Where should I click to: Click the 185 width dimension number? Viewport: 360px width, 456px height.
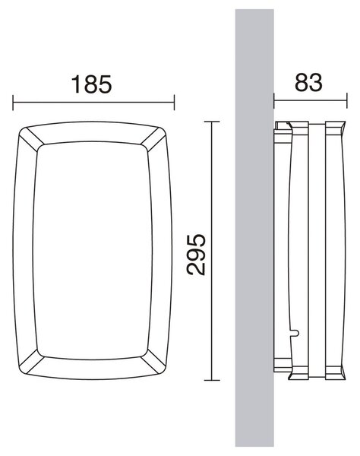click(x=91, y=84)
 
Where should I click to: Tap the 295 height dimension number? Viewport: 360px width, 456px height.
click(x=196, y=255)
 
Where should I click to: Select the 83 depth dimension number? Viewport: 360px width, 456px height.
click(x=308, y=83)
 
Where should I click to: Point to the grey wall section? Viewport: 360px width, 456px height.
click(x=254, y=228)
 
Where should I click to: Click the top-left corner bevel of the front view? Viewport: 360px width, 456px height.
click(x=32, y=139)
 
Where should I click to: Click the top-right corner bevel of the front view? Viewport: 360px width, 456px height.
click(x=153, y=139)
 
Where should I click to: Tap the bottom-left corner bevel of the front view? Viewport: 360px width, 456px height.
click(x=32, y=361)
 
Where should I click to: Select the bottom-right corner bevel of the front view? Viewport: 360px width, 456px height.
click(x=153, y=361)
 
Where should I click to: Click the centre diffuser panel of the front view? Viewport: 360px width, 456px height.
click(x=93, y=250)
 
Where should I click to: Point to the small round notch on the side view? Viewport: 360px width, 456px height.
click(x=295, y=332)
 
